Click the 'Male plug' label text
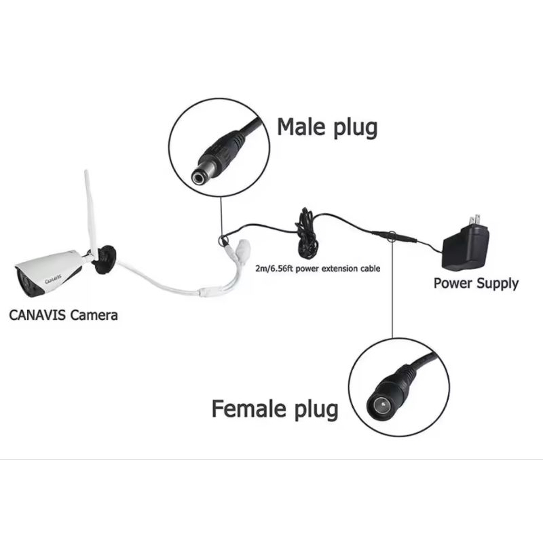pos(327,128)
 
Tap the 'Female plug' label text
pos(275,409)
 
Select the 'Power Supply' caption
pos(476,284)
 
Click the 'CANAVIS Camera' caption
pos(63,315)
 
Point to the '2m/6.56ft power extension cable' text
pos(318,268)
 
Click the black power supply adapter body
pos(466,248)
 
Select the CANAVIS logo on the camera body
pos(53,279)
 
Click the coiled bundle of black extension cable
pos(307,233)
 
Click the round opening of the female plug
pos(381,405)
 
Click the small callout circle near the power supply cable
pos(392,235)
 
